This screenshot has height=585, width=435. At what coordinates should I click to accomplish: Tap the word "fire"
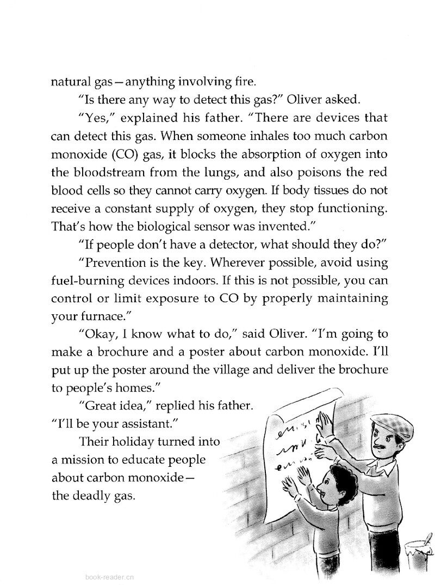pyautogui.click(x=243, y=82)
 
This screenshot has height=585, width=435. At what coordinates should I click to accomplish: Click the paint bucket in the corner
pyautogui.click(x=421, y=547)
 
